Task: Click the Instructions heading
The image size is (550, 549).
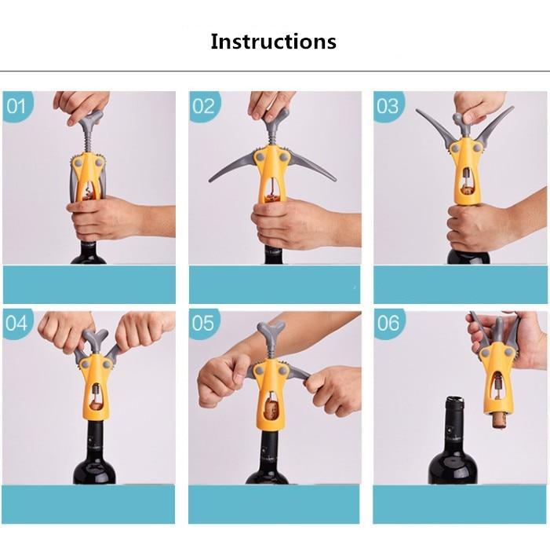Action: [x=273, y=42]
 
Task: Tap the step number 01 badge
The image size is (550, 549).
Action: [x=17, y=106]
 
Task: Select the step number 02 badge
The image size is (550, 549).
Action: [x=204, y=106]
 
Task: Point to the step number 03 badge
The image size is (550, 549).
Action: [x=388, y=106]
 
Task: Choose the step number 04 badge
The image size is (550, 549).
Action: [x=17, y=324]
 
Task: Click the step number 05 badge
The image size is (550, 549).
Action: [x=203, y=324]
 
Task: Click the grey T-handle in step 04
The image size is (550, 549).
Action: [x=96, y=340]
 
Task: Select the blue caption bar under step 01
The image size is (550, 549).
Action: [x=89, y=284]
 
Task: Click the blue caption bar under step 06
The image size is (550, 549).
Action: [x=460, y=504]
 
